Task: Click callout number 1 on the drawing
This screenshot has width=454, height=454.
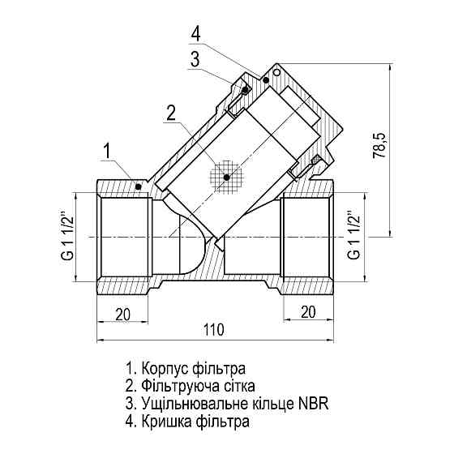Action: tap(108, 150)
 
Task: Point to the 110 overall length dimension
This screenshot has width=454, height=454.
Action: tap(213, 330)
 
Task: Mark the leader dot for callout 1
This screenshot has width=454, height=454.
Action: tap(139, 186)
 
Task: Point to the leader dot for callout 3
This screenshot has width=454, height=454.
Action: tap(242, 91)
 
